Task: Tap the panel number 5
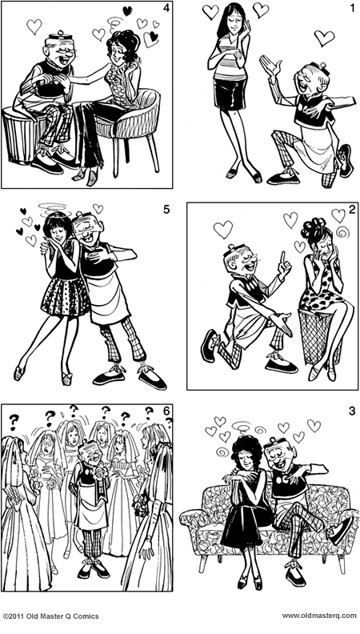pyautogui.click(x=166, y=211)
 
